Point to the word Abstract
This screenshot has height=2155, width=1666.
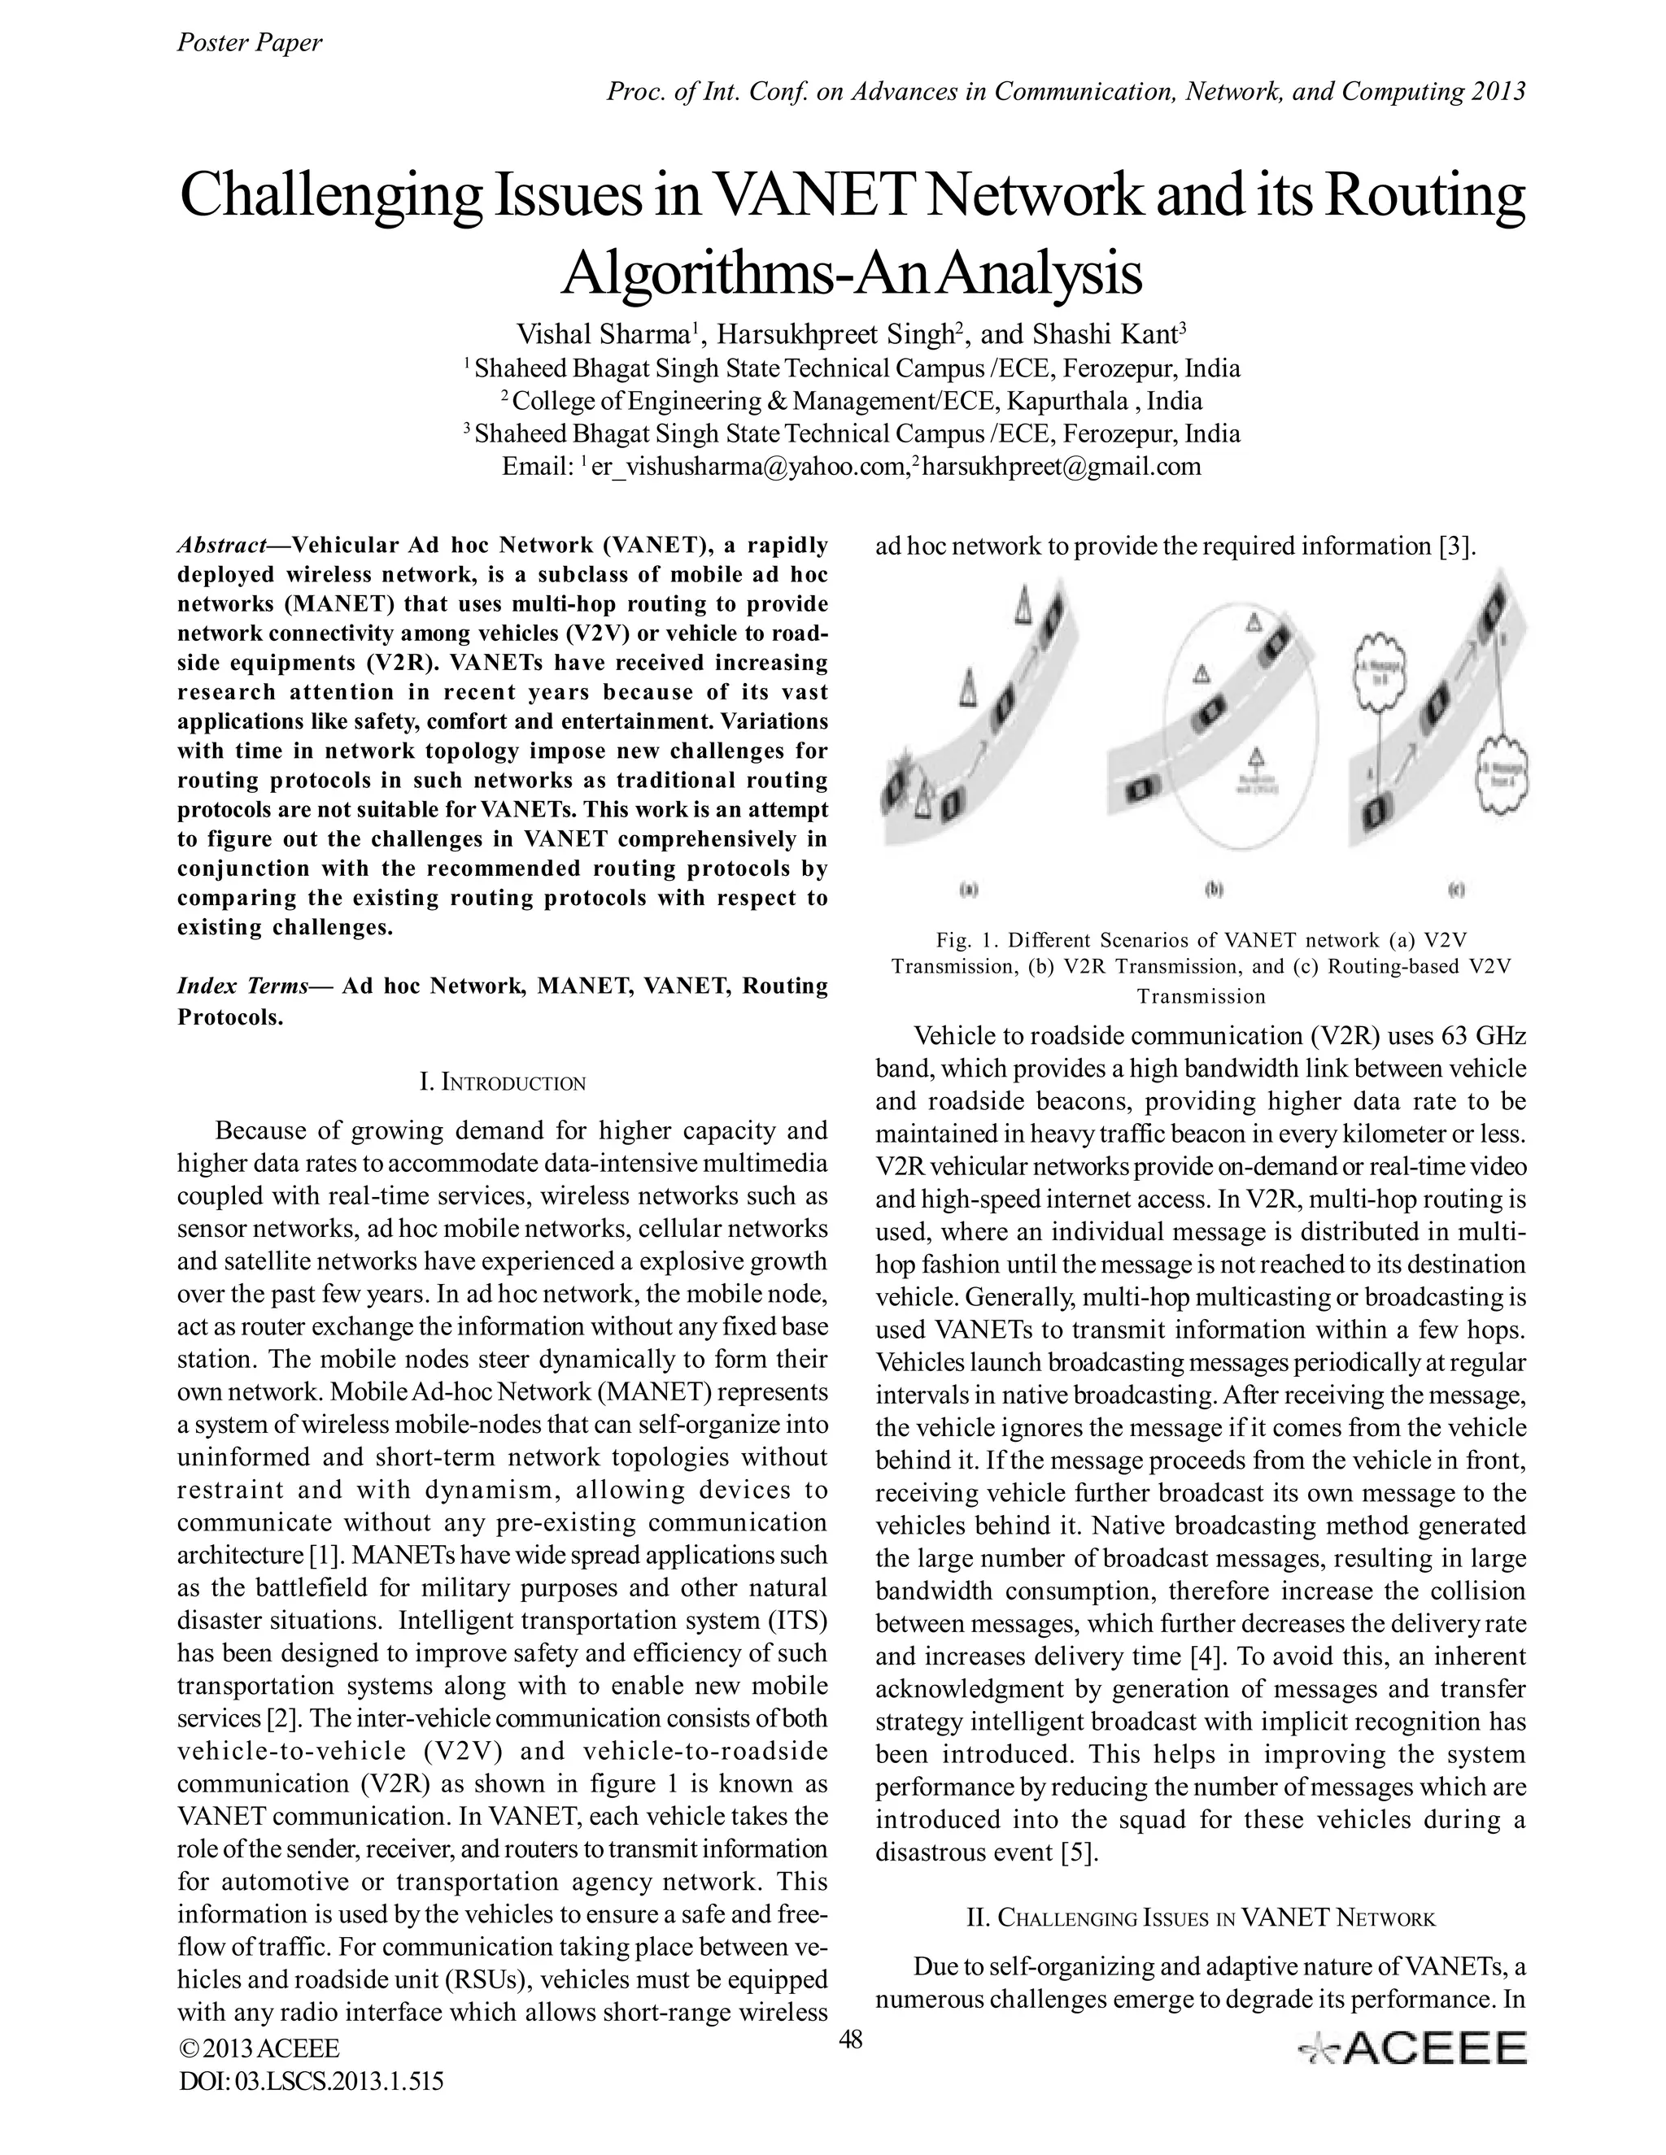[222, 546]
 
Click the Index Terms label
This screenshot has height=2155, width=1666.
[242, 986]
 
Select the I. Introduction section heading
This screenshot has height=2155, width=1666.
[503, 1082]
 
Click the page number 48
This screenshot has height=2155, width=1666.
[850, 2040]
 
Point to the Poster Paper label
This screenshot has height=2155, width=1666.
[249, 42]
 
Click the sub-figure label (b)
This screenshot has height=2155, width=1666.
[1214, 889]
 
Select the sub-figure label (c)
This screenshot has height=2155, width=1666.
[1456, 889]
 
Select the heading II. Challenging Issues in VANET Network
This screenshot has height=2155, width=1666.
[1200, 1918]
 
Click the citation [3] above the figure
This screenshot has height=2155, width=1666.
[1457, 546]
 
